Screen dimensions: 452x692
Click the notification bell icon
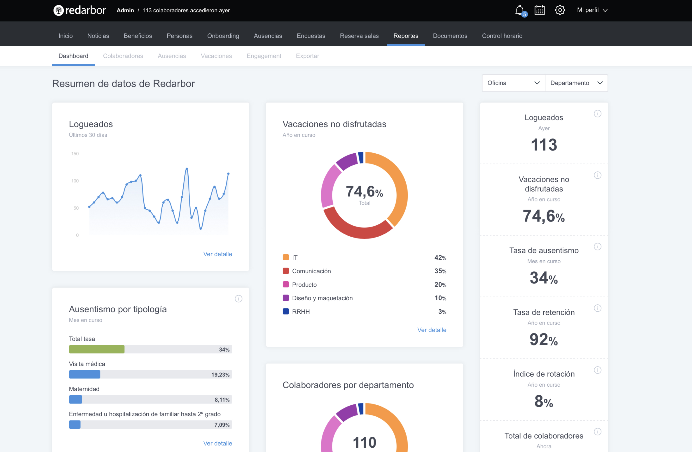pos(519,11)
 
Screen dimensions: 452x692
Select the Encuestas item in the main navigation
pos(311,36)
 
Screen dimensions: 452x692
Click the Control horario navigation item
pos(502,36)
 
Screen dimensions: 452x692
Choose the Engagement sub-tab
pos(264,56)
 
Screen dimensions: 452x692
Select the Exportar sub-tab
pos(307,56)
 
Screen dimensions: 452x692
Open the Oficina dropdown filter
pos(513,83)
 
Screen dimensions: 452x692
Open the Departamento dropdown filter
pos(576,83)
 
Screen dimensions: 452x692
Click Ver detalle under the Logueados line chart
pos(217,254)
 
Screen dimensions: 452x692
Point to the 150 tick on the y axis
pos(75,154)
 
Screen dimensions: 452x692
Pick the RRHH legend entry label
pos(301,312)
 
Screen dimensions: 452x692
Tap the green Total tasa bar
pos(97,349)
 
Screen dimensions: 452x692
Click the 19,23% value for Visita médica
pos(220,375)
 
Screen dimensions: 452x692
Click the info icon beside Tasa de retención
pos(598,308)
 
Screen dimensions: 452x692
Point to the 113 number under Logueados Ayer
pos(544,145)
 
